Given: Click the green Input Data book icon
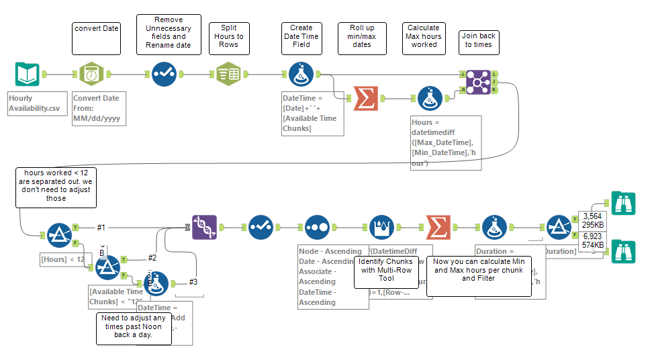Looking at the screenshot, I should point(26,75).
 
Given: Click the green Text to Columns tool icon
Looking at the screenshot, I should point(229,75).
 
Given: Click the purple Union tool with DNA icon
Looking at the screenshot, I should point(203,228).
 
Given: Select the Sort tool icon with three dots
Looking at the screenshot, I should point(316,228).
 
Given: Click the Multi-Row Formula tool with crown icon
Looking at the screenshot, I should point(381,228).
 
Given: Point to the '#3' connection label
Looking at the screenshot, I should point(193,281).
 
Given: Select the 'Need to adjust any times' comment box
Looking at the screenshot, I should point(133,328).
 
